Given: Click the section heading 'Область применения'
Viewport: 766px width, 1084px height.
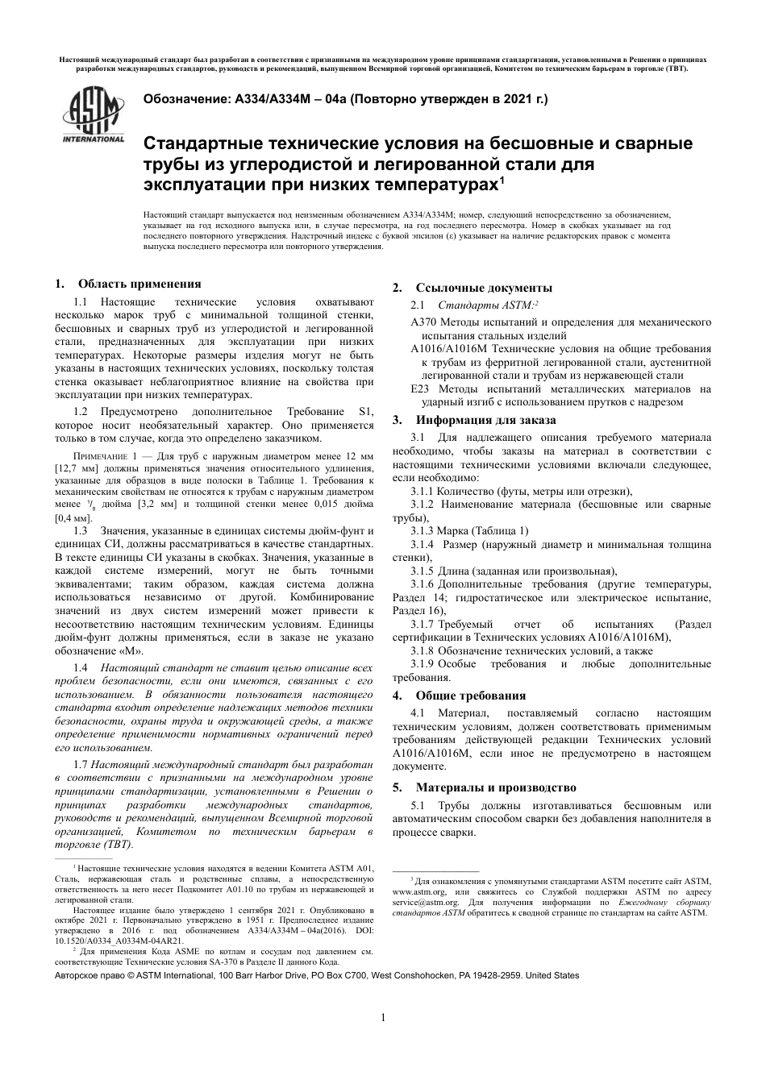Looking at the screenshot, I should [139, 284].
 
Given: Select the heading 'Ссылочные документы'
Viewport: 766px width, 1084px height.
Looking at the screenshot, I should [484, 288].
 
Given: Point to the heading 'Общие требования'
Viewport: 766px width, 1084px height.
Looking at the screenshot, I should [470, 696].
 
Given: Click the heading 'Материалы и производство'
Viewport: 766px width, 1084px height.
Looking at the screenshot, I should [496, 787].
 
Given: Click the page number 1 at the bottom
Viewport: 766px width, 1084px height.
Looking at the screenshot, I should [383, 1018].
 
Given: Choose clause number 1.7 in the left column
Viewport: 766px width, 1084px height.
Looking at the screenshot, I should [81, 764].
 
